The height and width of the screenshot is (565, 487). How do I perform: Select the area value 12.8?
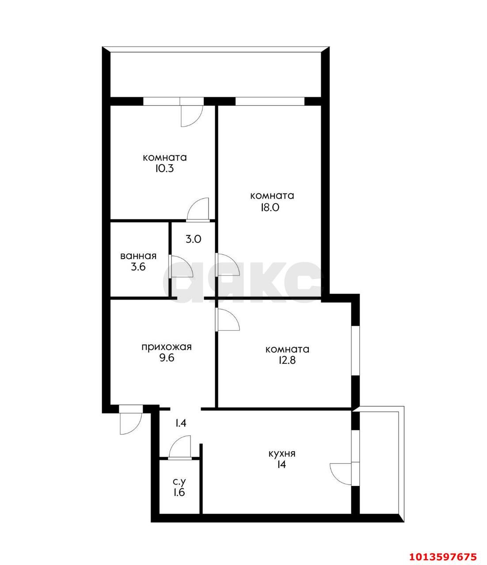point(287,360)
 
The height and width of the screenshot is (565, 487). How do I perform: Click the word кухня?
point(282,454)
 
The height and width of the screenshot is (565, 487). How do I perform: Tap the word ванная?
point(138,256)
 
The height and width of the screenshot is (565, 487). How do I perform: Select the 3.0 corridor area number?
point(193,240)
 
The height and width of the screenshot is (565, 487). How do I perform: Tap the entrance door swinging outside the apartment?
point(130,420)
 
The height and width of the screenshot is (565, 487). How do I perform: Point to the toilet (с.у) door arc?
point(180,447)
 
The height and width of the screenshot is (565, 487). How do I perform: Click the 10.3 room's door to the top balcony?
point(191,113)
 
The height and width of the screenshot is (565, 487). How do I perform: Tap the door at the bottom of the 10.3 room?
point(198,209)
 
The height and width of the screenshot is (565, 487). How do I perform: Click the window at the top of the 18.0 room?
point(270,101)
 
